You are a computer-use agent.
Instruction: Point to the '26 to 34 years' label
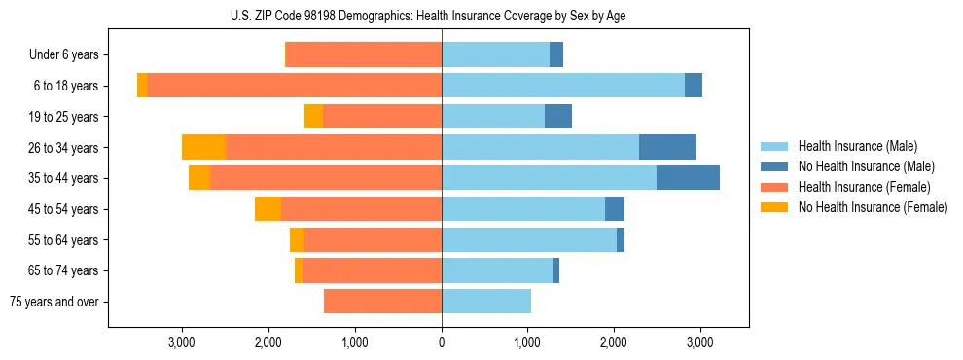[x=65, y=148]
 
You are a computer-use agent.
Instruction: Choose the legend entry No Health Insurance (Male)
[x=865, y=166]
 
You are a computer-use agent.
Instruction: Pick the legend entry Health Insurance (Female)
[x=864, y=187]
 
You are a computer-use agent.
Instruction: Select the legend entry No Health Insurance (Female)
[x=872, y=207]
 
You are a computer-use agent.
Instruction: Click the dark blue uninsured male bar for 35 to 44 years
[x=688, y=178]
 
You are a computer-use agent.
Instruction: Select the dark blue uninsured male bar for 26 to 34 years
[x=667, y=147]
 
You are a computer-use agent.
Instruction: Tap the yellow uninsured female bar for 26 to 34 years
[x=203, y=147]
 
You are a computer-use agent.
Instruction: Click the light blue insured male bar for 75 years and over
[x=486, y=302]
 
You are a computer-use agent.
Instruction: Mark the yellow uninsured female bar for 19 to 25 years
[x=313, y=117]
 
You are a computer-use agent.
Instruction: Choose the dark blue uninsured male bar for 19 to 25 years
[x=558, y=117]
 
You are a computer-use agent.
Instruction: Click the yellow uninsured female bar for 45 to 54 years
[x=267, y=209]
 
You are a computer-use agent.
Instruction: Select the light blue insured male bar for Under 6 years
[x=495, y=54]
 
